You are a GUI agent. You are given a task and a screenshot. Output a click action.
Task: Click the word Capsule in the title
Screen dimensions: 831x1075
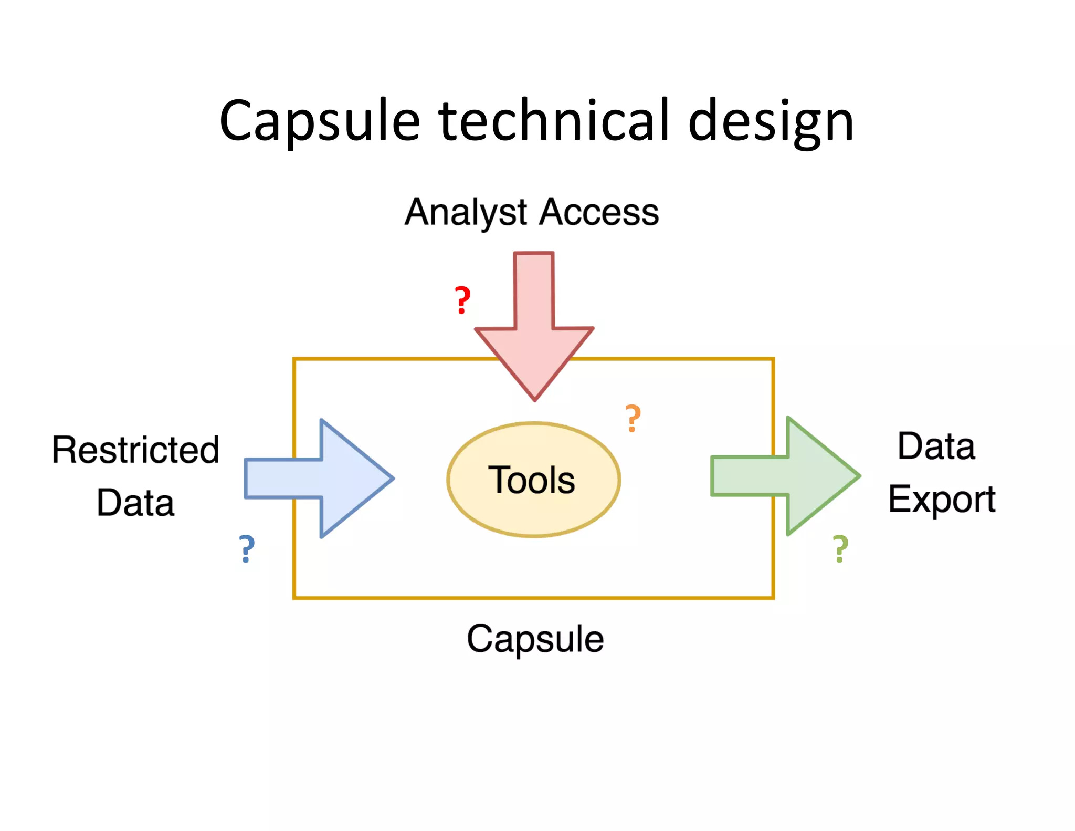pyautogui.click(x=320, y=122)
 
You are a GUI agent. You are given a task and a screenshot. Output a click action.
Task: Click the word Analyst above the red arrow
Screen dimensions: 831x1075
pyautogui.click(x=465, y=213)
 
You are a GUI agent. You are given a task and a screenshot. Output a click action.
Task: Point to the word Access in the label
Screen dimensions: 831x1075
pyautogui.click(x=599, y=212)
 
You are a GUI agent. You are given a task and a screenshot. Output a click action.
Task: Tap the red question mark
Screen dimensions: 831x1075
pyautogui.click(x=462, y=300)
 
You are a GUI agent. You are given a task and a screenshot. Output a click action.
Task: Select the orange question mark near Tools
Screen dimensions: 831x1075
pyautogui.click(x=633, y=419)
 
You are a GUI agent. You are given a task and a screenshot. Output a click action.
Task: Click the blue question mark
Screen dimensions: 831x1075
pyautogui.click(x=247, y=549)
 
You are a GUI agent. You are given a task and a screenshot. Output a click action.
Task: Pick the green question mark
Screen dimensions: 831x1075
pyautogui.click(x=840, y=549)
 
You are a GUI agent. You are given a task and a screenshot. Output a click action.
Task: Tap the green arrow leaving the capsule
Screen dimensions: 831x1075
pyautogui.click(x=787, y=476)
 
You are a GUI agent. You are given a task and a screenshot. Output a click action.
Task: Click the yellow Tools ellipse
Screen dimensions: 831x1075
pyautogui.click(x=533, y=480)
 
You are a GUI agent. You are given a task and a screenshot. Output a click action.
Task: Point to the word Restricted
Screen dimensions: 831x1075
pyautogui.click(x=135, y=450)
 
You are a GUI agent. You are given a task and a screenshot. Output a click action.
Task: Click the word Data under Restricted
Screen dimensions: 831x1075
pyautogui.click(x=135, y=503)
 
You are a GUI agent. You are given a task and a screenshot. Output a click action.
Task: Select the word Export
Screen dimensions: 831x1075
pyautogui.click(x=942, y=499)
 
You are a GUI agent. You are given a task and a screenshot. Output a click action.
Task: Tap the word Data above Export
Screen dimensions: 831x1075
pyautogui.click(x=936, y=446)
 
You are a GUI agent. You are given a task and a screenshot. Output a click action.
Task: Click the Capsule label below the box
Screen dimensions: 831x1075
pyautogui.click(x=535, y=639)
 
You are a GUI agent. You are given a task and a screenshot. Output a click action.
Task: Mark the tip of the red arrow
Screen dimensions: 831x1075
pyautogui.click(x=534, y=399)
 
